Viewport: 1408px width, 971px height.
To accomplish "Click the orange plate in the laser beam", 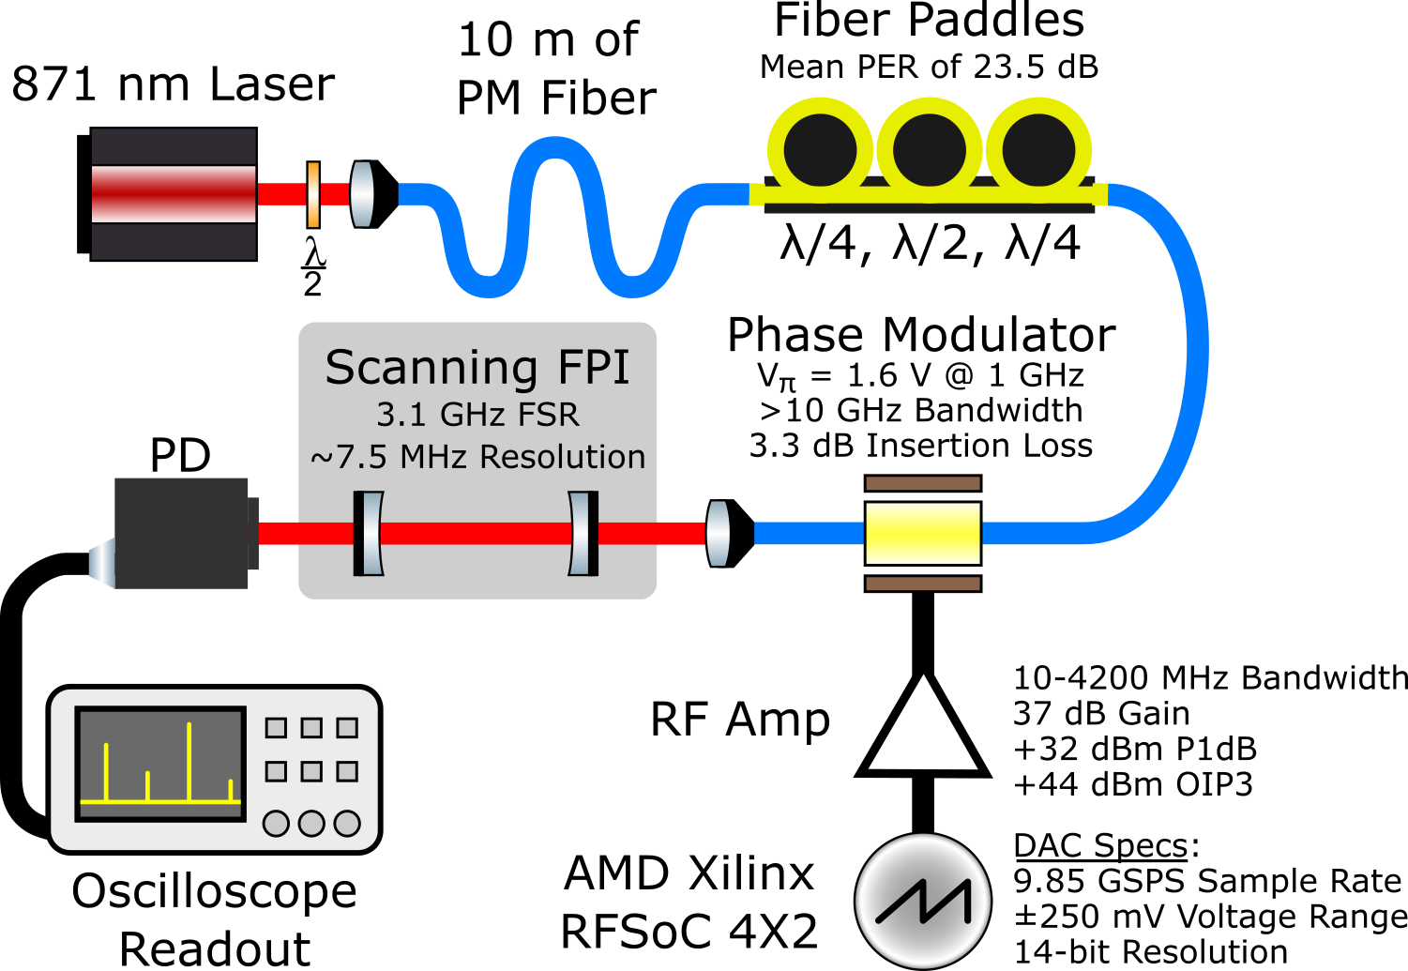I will [313, 194].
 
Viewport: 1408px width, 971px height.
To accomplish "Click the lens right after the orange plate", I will [362, 194].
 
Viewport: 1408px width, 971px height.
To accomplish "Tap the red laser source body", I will [174, 194].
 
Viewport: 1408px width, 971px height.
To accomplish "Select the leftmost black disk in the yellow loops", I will [820, 150].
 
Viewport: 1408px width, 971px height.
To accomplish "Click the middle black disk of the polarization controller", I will [929, 150].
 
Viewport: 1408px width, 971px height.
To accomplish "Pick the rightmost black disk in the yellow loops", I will [1037, 150].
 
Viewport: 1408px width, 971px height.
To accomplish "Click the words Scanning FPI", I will [477, 367].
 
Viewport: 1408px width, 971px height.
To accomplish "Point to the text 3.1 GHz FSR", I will [477, 414].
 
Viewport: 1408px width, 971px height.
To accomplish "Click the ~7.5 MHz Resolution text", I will [477, 457].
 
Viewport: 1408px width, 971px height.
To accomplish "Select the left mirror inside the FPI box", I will [369, 533].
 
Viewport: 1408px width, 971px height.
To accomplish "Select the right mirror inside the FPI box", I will [583, 533].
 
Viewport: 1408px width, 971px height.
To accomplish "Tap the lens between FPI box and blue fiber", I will [718, 533].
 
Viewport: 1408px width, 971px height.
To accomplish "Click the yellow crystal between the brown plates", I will [922, 533].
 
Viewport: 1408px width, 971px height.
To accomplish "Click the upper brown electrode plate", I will [922, 483].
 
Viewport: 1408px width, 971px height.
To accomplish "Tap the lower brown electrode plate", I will [922, 584].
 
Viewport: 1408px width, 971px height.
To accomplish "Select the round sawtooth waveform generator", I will [923, 901].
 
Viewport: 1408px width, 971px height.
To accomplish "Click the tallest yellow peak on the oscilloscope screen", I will [189, 760].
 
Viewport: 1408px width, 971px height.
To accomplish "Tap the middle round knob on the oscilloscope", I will [311, 824].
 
